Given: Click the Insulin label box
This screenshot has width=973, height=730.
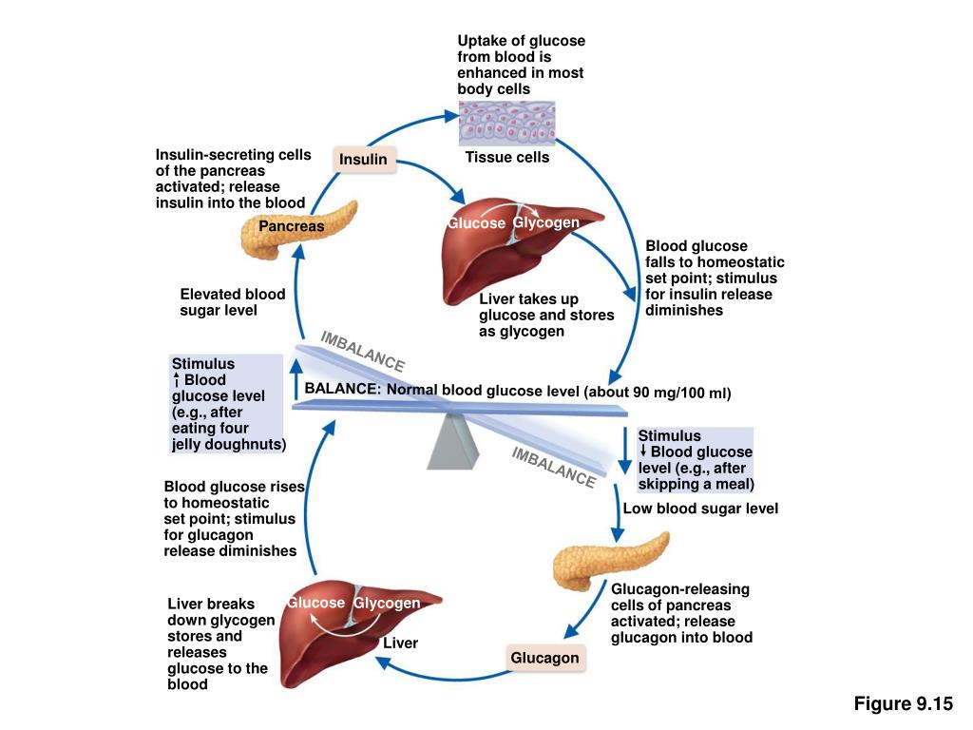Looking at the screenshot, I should tap(364, 160).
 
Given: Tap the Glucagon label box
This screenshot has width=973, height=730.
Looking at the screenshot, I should tap(544, 658).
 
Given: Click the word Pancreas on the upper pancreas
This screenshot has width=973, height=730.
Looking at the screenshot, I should tap(292, 227).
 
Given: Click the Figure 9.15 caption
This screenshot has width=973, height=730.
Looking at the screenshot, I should tap(903, 703).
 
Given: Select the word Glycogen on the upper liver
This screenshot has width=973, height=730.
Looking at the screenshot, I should tap(546, 222).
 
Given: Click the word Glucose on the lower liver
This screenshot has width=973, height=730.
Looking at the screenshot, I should tap(316, 603).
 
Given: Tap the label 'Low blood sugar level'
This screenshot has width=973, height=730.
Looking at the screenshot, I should tap(700, 509).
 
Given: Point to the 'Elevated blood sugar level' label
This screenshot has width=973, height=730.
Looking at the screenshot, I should tap(233, 302).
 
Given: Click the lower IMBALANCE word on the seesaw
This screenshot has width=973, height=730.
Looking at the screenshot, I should tap(553, 467).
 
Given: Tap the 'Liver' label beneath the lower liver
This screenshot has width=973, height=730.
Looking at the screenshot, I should tap(400, 644).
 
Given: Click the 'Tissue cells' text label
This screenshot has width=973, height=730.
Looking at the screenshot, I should tap(506, 158).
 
